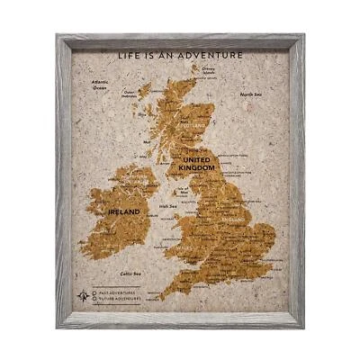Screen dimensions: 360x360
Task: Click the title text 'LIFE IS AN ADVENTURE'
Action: point(179,55)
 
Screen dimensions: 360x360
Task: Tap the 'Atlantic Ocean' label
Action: point(100,85)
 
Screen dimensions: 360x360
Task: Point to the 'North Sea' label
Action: point(251,94)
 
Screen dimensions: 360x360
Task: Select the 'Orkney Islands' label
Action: point(209,71)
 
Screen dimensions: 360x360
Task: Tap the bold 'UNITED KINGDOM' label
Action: point(196,164)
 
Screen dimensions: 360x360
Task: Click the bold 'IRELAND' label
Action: point(123,211)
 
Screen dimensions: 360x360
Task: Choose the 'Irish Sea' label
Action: point(167,206)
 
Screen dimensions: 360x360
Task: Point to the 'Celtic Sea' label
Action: point(131,272)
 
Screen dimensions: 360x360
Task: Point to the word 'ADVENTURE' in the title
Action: point(216,55)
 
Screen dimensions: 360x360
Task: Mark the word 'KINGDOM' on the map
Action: point(196,168)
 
